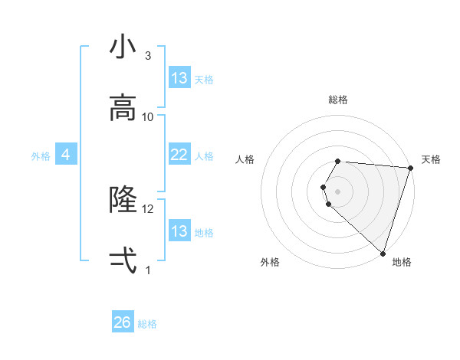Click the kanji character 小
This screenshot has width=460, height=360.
coord(123,47)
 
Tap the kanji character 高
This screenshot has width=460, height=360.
coord(123,107)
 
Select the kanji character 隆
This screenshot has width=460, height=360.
coord(123,199)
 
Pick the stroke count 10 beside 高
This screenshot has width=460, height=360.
coord(148,116)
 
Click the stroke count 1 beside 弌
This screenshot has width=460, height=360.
coord(148,270)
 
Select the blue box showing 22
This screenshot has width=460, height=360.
coord(179,155)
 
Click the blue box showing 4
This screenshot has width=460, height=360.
coord(66,155)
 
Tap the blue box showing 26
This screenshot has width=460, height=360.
coord(123,322)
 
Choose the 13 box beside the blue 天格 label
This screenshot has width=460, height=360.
coord(179,78)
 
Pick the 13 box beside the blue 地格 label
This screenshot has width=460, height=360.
coord(179,231)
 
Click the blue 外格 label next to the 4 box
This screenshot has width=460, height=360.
coord(41,155)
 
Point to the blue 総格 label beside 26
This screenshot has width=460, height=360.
coord(148,323)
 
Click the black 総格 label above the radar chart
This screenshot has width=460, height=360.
coord(338,100)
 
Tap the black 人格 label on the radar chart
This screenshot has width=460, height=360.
coord(245,159)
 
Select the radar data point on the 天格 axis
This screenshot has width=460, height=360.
coord(410,168)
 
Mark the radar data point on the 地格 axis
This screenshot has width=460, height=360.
coord(383,253)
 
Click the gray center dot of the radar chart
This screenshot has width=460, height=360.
coord(338,190)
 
